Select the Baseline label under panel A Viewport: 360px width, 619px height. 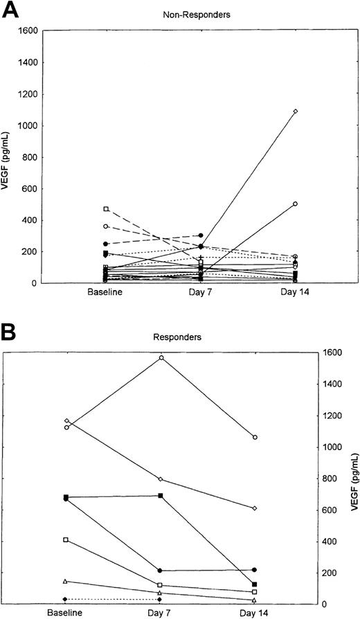[x=106, y=293]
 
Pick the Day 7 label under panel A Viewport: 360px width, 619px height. [x=200, y=293]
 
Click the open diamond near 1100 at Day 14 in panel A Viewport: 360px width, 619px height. [x=295, y=111]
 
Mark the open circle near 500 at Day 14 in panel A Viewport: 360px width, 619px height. [x=295, y=204]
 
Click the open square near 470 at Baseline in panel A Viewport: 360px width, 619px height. [x=106, y=208]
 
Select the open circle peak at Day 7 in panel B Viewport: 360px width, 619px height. [x=161, y=357]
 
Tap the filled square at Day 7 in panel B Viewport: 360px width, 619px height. [x=161, y=496]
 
